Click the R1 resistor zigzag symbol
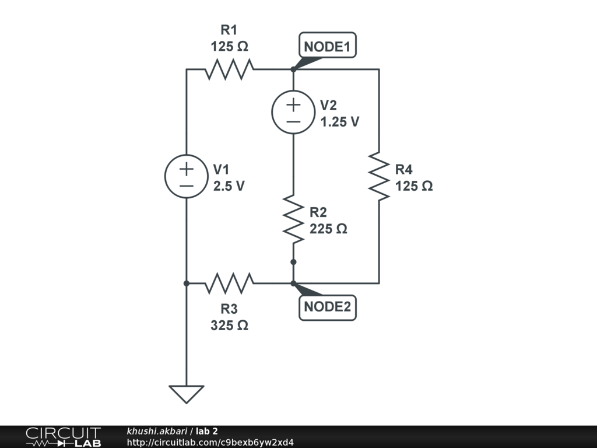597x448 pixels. pyautogui.click(x=230, y=69)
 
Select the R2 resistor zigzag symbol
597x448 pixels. pyautogui.click(x=293, y=219)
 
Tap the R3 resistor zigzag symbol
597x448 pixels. pyautogui.click(x=230, y=283)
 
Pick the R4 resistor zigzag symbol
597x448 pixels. pyautogui.click(x=379, y=177)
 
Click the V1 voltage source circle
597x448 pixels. pyautogui.click(x=187, y=177)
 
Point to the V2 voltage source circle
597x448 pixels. pyautogui.click(x=293, y=113)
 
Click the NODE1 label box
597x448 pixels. pyautogui.click(x=328, y=47)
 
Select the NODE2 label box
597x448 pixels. pyautogui.click(x=328, y=307)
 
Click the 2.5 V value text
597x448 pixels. pyautogui.click(x=229, y=187)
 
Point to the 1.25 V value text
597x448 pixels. pyautogui.click(x=340, y=123)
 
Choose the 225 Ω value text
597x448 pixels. pyautogui.click(x=328, y=229)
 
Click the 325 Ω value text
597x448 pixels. pyautogui.click(x=229, y=325)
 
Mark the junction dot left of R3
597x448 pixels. pyautogui.click(x=187, y=283)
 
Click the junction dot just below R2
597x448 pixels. pyautogui.click(x=293, y=262)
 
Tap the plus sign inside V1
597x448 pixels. pyautogui.click(x=187, y=170)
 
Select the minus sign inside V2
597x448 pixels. pyautogui.click(x=293, y=121)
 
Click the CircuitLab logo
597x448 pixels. pyautogui.click(x=63, y=437)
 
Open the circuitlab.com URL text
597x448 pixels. pyautogui.click(x=210, y=442)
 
